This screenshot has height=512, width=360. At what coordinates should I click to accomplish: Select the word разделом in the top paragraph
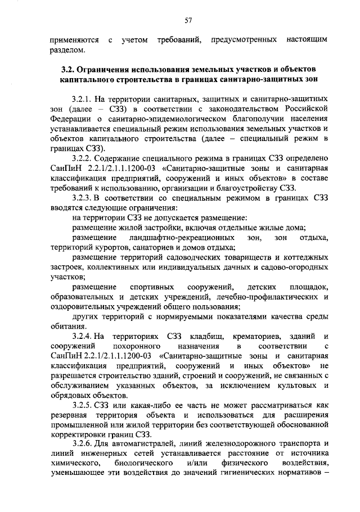[67, 51]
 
